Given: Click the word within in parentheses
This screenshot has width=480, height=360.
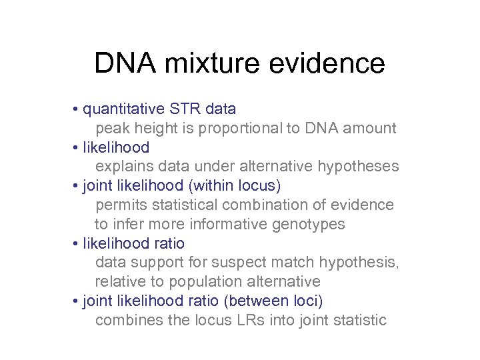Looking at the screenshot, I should (x=202, y=185).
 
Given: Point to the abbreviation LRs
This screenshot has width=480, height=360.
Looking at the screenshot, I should (x=252, y=320).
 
